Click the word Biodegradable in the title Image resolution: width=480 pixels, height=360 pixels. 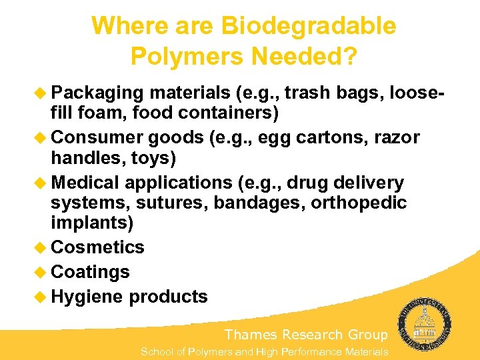(x=309, y=27)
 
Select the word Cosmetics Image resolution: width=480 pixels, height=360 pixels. (x=97, y=247)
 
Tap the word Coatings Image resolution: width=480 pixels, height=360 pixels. (x=90, y=272)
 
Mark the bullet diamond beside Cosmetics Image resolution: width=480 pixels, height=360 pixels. (x=42, y=247)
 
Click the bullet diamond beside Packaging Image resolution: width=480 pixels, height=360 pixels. (x=42, y=92)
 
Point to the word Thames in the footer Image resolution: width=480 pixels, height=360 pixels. (x=251, y=335)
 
